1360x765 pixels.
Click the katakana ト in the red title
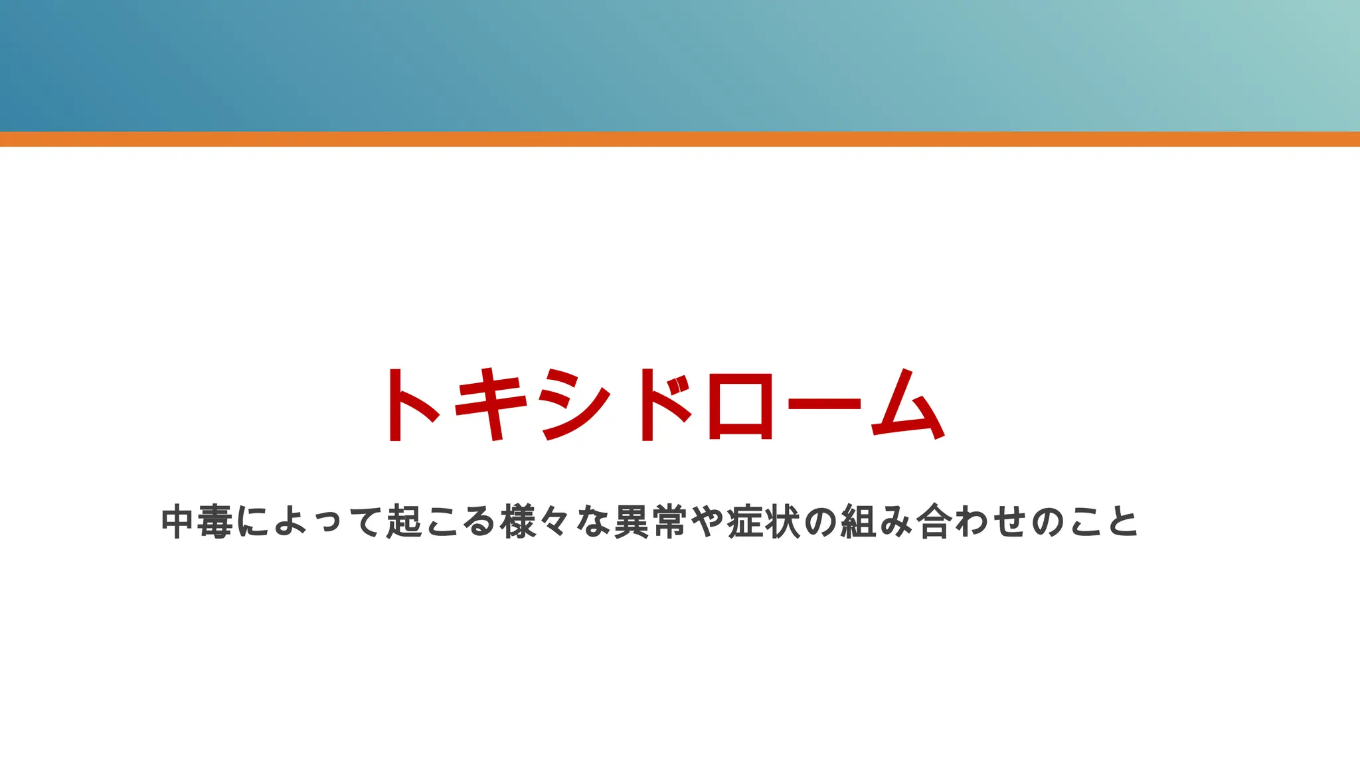(410, 404)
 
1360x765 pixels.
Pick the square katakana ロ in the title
(740, 406)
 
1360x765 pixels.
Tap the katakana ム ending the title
(908, 404)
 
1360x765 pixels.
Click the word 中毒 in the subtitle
(197, 522)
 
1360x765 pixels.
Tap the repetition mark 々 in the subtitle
(554, 522)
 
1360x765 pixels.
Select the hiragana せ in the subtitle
(1010, 522)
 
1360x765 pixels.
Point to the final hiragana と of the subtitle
(1123, 522)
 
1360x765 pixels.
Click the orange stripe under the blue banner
(680, 139)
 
